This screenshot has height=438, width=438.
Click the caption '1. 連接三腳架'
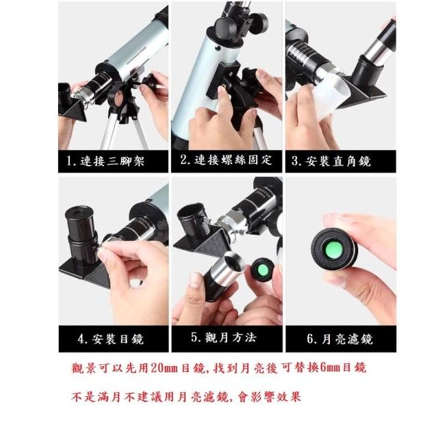pyautogui.click(x=105, y=162)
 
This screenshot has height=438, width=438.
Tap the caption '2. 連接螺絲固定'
pyautogui.click(x=226, y=159)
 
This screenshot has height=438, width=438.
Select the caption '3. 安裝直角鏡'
pyautogui.click(x=331, y=162)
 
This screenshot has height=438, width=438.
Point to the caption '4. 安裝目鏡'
pyautogui.click(x=111, y=339)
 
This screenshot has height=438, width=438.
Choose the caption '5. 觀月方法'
pyautogui.click(x=224, y=337)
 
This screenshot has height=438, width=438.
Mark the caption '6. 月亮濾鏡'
pyautogui.click(x=340, y=339)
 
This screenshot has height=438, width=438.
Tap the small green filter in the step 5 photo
pyautogui.click(x=263, y=270)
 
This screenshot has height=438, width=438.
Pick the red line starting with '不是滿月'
pyautogui.click(x=186, y=397)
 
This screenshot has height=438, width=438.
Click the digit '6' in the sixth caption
pyautogui.click(x=310, y=339)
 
